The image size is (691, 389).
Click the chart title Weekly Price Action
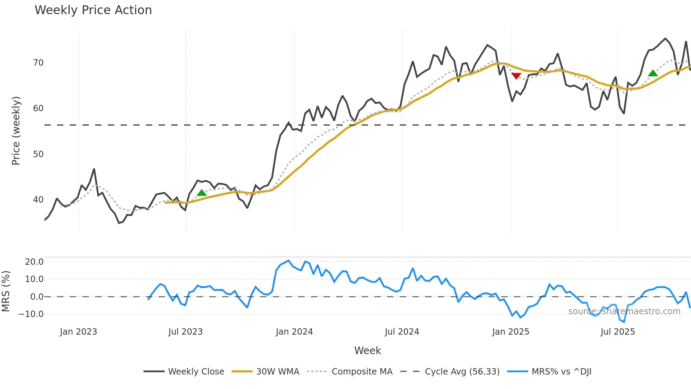pos(93,10)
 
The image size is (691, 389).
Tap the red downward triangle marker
pos(516,76)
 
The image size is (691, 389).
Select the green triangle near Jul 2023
pos(202,193)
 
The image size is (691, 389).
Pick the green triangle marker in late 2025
pos(653,73)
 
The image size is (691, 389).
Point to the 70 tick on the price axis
pos(38,63)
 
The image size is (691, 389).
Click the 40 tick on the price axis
pos(38,200)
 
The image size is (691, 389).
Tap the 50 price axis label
pos(38,154)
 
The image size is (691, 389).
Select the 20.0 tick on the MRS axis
pos(34,262)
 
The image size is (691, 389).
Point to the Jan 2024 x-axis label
pos(294,332)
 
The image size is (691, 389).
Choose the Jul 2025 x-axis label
pos(618,332)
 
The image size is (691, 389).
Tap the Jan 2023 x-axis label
pos(78,332)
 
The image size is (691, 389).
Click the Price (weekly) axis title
pos(16,131)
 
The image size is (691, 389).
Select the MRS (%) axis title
pos(6,291)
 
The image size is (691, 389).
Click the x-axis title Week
pos(367,351)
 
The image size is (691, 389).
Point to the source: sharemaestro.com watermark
pos(624,311)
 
